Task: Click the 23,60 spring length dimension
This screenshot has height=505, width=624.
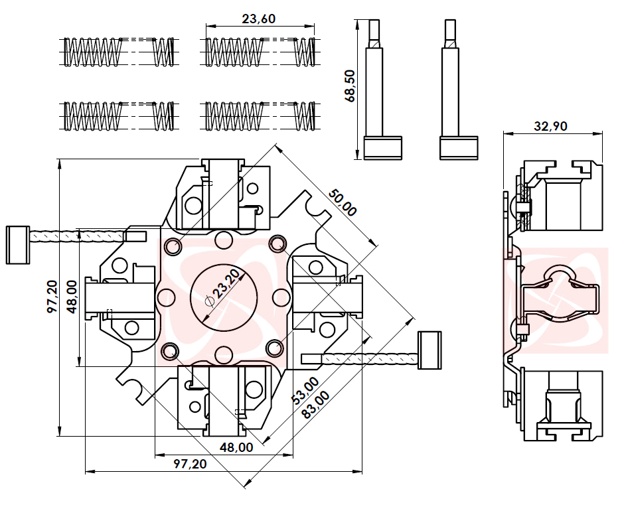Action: [x=258, y=19]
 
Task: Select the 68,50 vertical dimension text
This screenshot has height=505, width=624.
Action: [x=351, y=86]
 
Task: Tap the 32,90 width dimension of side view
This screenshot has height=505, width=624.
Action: [x=550, y=126]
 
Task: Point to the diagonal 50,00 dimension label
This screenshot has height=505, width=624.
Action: [x=342, y=203]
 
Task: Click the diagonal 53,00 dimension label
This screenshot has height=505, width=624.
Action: [x=305, y=391]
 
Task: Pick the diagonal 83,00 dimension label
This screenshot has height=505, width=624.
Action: [x=315, y=405]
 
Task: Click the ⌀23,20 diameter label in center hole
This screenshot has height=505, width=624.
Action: [x=223, y=289]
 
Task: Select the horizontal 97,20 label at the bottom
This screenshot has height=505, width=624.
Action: [x=190, y=464]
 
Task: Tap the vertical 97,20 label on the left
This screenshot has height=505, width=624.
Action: [x=52, y=297]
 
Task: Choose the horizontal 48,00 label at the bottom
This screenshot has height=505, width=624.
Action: [x=236, y=447]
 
